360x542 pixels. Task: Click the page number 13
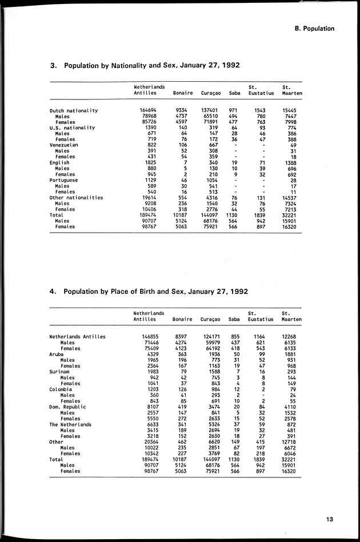330,519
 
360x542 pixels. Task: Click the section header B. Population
311,29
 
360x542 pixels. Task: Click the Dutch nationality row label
74,110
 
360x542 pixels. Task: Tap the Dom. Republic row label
68,407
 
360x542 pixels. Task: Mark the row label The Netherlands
70,425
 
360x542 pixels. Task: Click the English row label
59,163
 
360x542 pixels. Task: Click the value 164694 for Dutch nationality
148,110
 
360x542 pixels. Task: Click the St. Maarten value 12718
290,442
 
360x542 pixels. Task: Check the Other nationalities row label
76,198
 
